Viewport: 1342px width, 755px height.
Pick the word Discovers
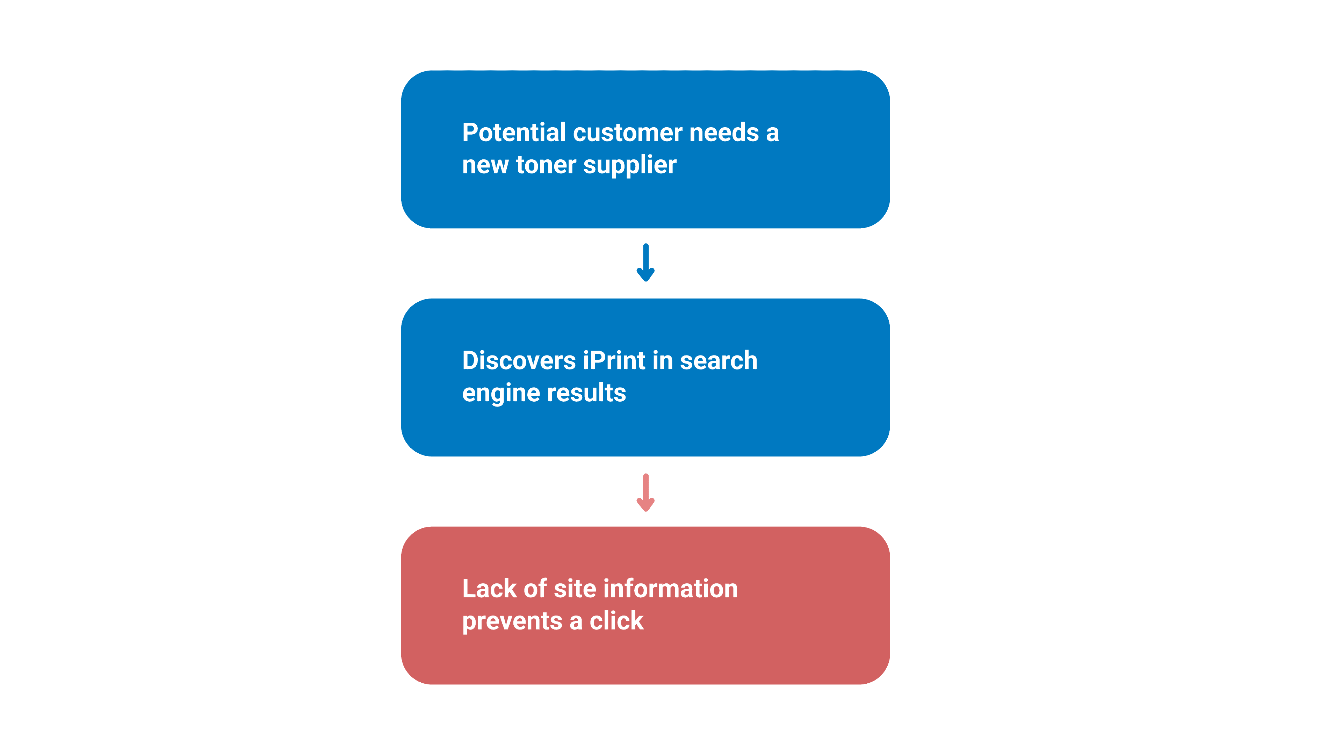tap(519, 361)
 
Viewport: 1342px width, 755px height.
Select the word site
tap(575, 589)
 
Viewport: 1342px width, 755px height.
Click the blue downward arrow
tap(645, 263)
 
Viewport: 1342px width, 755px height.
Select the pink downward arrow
tap(645, 493)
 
